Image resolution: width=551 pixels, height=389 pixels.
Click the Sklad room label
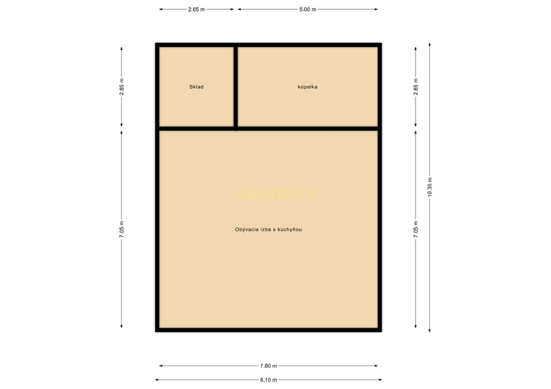pyautogui.click(x=196, y=87)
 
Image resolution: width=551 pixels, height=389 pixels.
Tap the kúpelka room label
pyautogui.click(x=307, y=87)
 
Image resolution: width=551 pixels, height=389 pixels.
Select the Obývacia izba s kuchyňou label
pyautogui.click(x=269, y=229)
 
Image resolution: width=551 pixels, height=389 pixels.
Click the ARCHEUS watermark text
pyautogui.click(x=276, y=194)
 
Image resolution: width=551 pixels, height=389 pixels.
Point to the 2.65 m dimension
pyautogui.click(x=196, y=9)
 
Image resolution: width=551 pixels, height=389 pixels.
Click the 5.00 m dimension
pyautogui.click(x=307, y=9)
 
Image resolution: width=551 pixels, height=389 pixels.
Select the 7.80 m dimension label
pyautogui.click(x=269, y=366)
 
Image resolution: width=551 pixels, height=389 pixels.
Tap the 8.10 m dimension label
pyautogui.click(x=269, y=380)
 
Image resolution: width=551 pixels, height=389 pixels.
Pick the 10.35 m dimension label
pyautogui.click(x=429, y=187)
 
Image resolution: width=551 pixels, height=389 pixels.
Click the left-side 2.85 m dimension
pyautogui.click(x=122, y=87)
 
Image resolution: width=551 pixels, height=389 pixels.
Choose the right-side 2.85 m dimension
pyautogui.click(x=415, y=87)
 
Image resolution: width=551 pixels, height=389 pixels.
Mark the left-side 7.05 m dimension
pyautogui.click(x=122, y=229)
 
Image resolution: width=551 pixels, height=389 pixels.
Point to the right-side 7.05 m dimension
pyautogui.click(x=415, y=229)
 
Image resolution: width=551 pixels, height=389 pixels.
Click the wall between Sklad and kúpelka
pyautogui.click(x=236, y=87)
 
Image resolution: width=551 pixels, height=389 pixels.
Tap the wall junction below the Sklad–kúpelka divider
pyautogui.click(x=236, y=129)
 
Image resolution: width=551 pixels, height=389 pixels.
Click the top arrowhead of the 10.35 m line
pyautogui.click(x=429, y=45)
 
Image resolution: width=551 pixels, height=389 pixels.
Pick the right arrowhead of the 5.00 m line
pyautogui.click(x=376, y=9)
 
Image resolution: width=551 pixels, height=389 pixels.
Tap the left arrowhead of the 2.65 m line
pyautogui.click(x=161, y=9)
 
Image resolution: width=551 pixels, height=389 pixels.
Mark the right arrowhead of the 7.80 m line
pyautogui.click(x=376, y=366)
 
